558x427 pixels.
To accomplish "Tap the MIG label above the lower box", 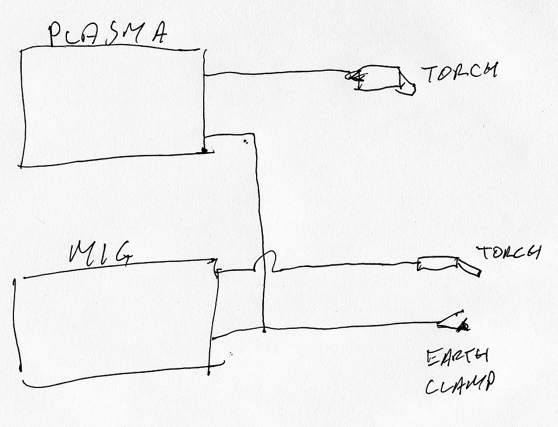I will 100,252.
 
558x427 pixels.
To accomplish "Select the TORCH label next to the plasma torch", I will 459,74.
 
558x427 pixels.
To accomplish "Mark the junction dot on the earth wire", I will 263,330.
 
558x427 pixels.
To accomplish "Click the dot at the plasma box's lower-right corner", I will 204,150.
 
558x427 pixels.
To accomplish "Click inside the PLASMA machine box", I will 112,106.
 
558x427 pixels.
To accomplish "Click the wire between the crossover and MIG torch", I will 346,267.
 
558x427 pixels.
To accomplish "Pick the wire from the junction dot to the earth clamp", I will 352,326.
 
